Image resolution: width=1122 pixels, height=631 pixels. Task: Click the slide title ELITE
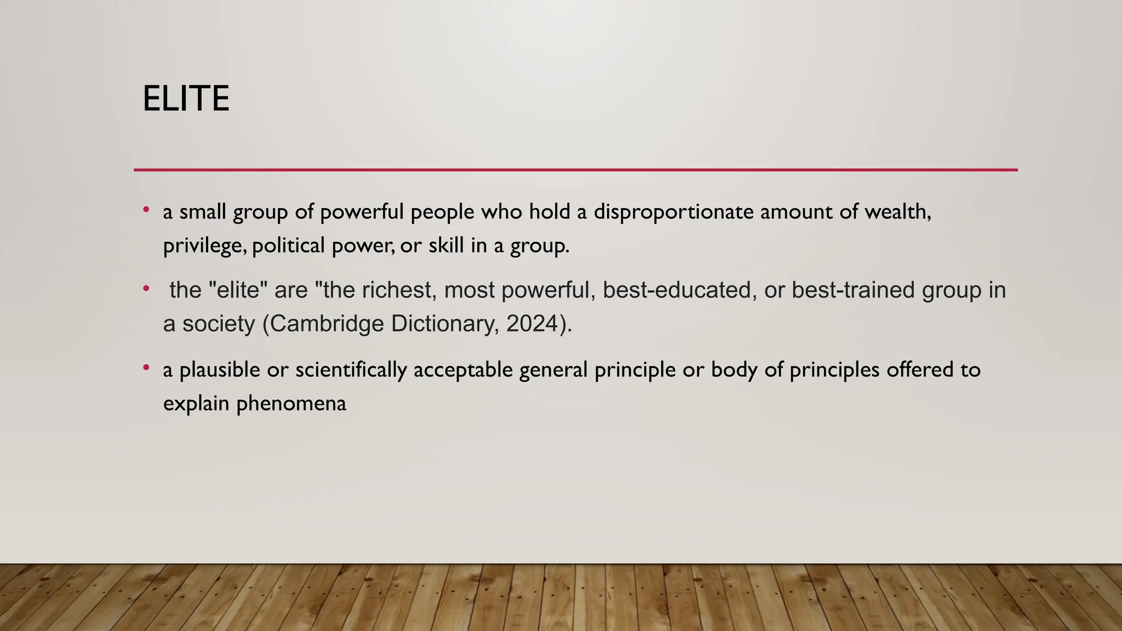(186, 99)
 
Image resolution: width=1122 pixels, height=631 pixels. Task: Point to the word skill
(445, 245)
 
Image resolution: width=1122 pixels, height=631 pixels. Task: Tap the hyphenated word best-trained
(853, 290)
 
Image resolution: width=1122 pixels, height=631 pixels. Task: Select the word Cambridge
(327, 324)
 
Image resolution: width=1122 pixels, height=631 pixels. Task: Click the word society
(219, 324)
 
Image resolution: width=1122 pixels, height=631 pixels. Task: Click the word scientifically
(351, 370)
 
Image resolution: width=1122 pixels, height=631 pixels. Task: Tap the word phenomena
(291, 404)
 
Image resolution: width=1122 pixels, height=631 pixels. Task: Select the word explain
(196, 404)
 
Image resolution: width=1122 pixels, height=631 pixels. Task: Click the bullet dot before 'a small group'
(146, 210)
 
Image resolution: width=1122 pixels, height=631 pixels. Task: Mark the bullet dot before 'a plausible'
(146, 368)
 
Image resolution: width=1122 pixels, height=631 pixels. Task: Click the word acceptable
(463, 370)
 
